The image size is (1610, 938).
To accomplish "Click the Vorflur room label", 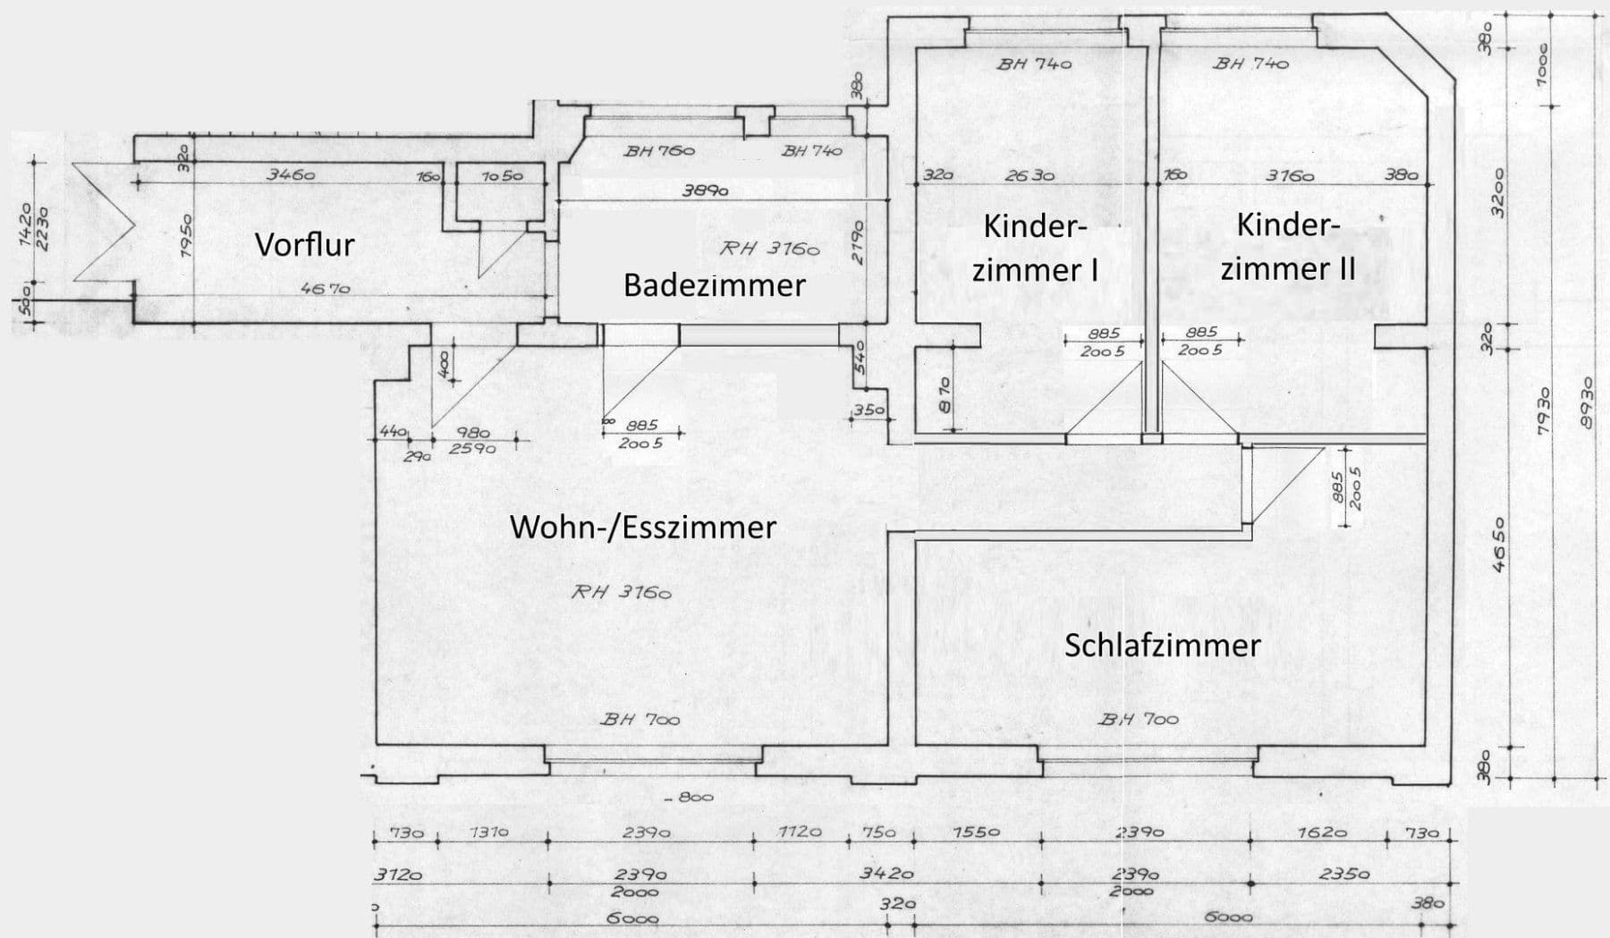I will [305, 244].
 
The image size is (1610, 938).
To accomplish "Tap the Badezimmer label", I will [714, 285].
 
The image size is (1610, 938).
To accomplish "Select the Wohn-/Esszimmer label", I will [642, 527].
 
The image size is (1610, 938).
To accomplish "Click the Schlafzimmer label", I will [1162, 646].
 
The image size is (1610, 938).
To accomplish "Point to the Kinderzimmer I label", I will [1035, 248].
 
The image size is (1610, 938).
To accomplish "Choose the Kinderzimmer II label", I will [1288, 246].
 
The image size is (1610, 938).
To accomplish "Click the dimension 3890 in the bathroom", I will [705, 190].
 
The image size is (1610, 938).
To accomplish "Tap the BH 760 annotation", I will [659, 151].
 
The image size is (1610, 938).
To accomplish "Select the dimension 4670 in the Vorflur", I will [325, 289].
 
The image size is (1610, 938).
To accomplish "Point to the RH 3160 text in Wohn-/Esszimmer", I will [621, 592].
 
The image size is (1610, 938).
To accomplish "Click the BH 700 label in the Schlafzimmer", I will [1138, 719].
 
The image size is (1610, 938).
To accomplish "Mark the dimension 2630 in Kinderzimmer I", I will [1030, 176].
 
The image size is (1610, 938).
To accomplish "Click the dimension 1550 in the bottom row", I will [976, 832].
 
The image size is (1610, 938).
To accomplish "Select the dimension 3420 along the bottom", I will [886, 874].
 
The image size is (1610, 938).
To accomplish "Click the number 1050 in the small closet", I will [502, 176].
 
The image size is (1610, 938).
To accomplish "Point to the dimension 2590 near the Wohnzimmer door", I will [471, 448].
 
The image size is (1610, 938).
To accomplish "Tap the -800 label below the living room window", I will [691, 797].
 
